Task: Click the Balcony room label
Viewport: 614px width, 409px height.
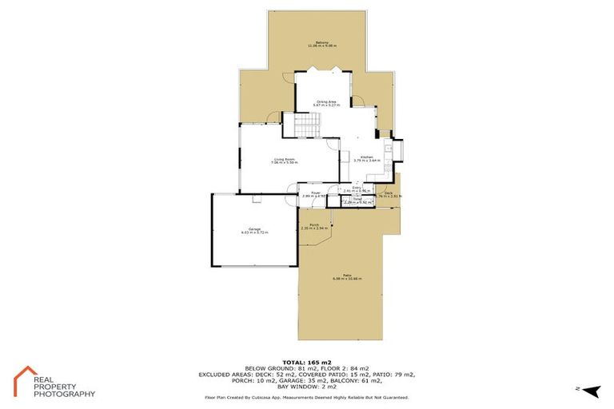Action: coord(322,42)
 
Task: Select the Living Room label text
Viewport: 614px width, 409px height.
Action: coord(285,159)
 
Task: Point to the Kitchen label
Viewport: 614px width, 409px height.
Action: coord(367,157)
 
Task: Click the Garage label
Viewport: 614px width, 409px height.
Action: coord(254,229)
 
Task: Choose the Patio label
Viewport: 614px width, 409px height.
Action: coord(348,275)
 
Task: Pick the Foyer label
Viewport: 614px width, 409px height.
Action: coord(317,193)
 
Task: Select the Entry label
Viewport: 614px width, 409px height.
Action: coord(357,188)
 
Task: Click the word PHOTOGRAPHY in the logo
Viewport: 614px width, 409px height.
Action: coord(64,394)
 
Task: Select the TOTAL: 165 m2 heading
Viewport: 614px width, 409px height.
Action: coord(307,362)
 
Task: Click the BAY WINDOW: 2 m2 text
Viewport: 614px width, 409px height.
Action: coord(307,387)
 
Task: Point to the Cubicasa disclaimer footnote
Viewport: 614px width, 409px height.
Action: coord(307,397)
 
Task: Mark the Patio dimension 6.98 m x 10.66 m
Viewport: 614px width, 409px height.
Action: coord(348,279)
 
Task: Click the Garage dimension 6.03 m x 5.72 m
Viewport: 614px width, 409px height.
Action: coord(254,232)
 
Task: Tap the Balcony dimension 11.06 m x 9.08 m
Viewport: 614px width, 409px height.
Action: coord(322,46)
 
